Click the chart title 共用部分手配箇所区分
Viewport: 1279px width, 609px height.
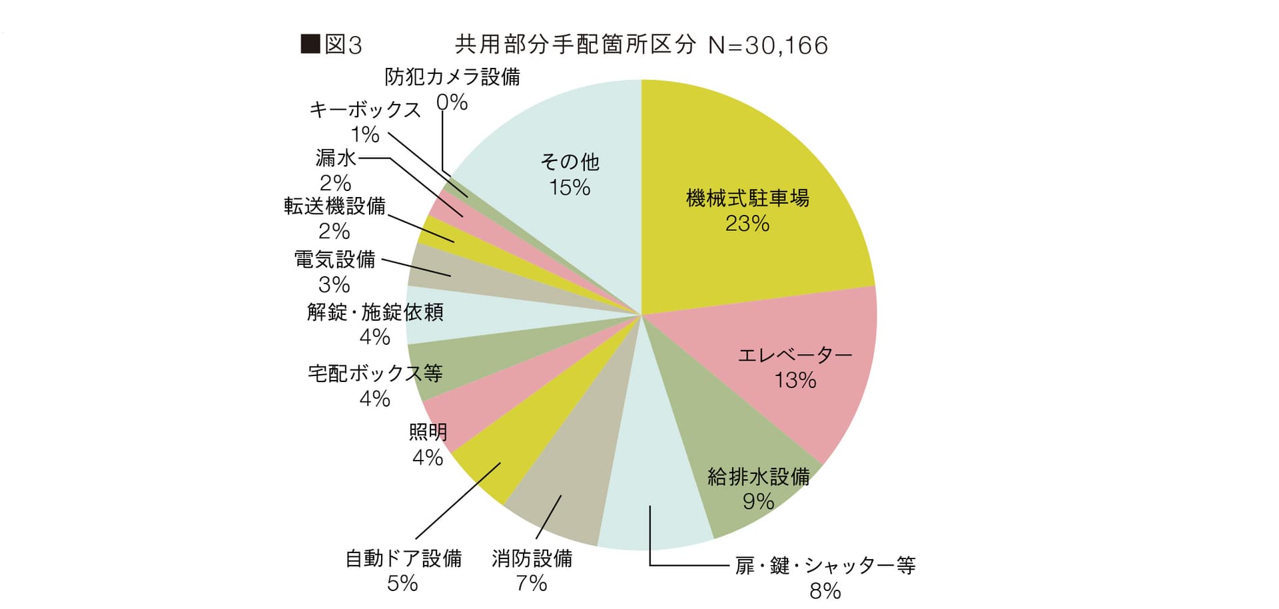575,45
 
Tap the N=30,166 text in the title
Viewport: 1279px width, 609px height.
768,45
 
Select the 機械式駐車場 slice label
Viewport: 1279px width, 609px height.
747,198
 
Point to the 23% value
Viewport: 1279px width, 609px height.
747,224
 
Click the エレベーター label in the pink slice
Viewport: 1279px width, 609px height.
795,355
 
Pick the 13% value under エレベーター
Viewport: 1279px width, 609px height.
795,380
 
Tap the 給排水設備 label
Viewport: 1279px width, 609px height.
759,477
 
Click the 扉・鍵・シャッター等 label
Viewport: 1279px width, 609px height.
825,566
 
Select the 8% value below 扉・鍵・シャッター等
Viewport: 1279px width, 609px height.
825,590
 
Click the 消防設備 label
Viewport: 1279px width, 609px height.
532,558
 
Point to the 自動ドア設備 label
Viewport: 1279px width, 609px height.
403,558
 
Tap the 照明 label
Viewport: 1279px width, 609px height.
428,433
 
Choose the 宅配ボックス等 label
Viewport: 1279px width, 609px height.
375,373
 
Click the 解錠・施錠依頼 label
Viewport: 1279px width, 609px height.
375,312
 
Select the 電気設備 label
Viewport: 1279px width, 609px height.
335,259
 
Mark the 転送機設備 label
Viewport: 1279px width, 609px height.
334,206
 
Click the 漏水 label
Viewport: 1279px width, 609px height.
336,158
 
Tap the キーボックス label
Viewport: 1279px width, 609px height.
365,110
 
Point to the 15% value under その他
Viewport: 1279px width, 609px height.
570,188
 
